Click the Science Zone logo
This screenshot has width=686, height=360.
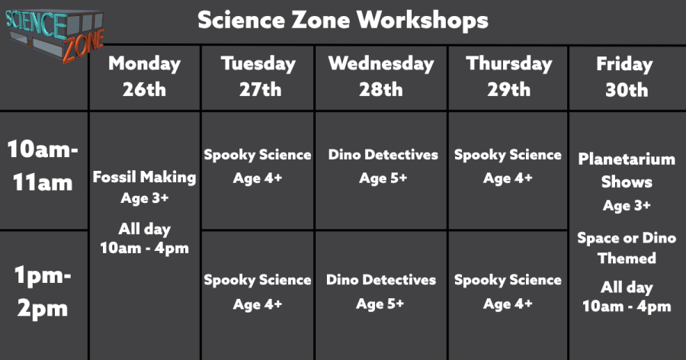pos(55,35)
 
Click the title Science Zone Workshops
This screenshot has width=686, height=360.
pos(343,20)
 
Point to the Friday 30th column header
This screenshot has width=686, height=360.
pos(626,77)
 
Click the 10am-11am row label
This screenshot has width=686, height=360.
pos(43,166)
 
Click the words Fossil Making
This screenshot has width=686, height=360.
pos(144,177)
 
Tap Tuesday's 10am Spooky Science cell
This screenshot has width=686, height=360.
pos(258,171)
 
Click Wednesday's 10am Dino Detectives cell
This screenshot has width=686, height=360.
pos(382,171)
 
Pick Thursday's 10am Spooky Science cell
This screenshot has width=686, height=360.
pos(508,171)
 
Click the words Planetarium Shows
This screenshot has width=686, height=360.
pos(627,170)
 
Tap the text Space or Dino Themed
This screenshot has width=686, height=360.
pos(627,248)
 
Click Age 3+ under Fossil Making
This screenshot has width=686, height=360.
pos(144,198)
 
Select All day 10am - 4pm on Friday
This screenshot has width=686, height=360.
pos(627,297)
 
